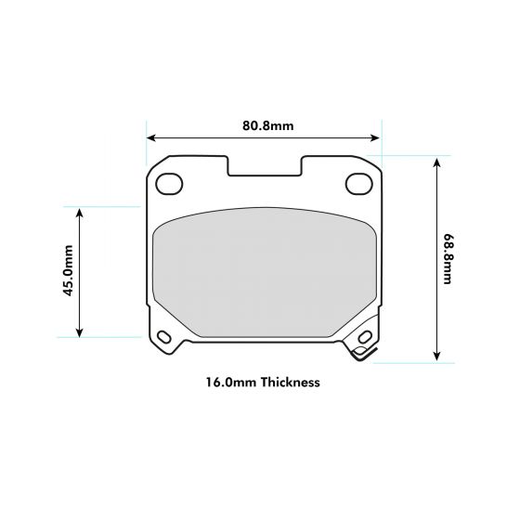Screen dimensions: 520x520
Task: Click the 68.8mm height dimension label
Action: click(x=448, y=259)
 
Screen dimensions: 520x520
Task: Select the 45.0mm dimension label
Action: click(x=67, y=271)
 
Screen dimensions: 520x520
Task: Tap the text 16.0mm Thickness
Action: click(x=263, y=382)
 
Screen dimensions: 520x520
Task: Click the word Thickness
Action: click(x=291, y=382)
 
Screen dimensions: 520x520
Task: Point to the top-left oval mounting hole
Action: click(x=169, y=184)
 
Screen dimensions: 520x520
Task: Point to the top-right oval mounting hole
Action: click(x=358, y=184)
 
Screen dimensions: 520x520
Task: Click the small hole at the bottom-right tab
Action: click(x=362, y=337)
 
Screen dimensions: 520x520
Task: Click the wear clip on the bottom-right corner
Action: click(x=360, y=347)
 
